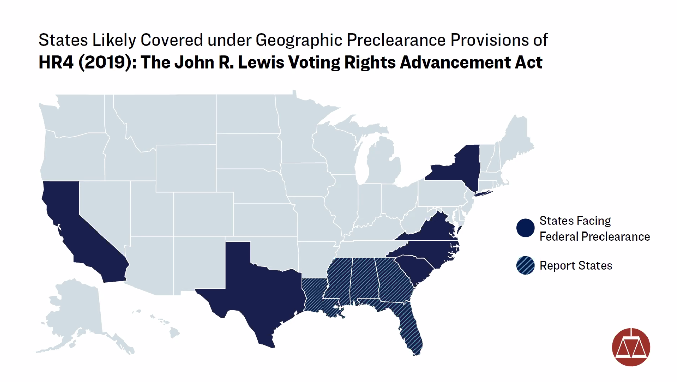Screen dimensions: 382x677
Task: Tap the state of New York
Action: click(462, 169)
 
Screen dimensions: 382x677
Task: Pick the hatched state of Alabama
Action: click(364, 280)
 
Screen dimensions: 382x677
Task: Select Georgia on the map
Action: click(393, 280)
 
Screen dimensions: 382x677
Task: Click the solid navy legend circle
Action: click(525, 228)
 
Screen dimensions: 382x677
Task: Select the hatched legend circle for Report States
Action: click(525, 266)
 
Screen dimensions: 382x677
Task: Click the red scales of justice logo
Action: click(631, 347)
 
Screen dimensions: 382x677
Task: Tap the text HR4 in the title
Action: click(56, 62)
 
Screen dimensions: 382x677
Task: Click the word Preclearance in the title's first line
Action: click(396, 40)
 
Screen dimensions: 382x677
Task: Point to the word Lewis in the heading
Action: click(261, 62)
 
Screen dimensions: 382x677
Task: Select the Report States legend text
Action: click(576, 266)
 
